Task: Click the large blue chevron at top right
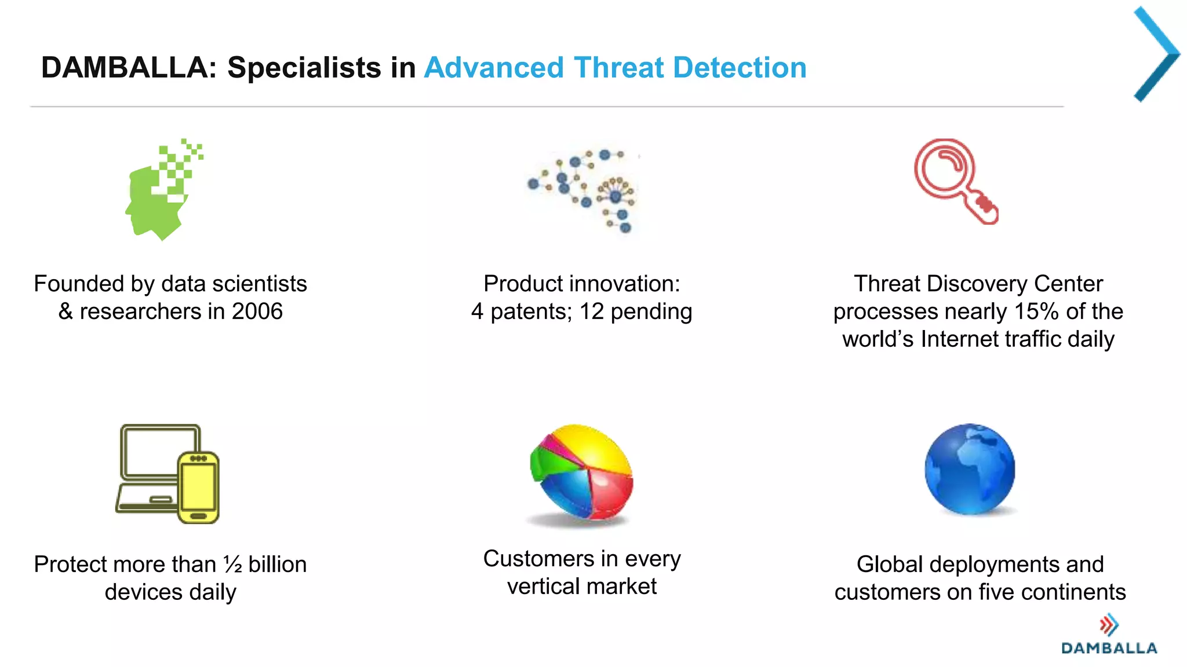(1156, 54)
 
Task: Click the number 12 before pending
(591, 311)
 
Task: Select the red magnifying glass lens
(942, 168)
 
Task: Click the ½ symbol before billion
(233, 564)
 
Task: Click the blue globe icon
(970, 469)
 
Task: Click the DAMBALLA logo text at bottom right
(1109, 648)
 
